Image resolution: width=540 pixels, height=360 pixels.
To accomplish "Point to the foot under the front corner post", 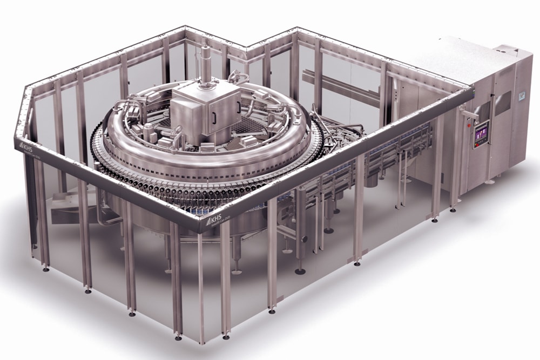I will point(201,341).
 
